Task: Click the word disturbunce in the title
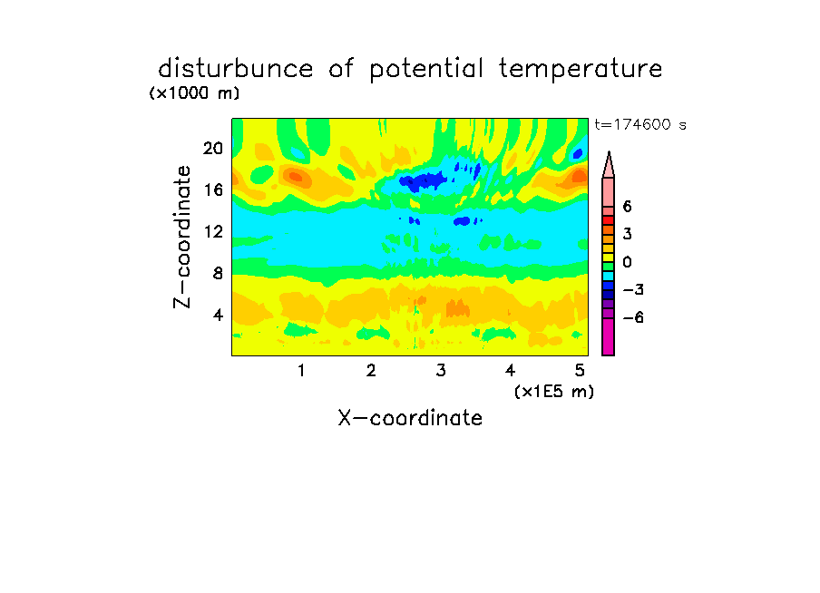[235, 68]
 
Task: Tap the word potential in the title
[426, 70]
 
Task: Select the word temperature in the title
[581, 69]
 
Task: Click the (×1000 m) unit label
[194, 93]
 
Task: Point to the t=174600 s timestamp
[640, 124]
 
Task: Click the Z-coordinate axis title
[182, 237]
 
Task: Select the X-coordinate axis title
[410, 418]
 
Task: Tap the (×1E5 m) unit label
[554, 392]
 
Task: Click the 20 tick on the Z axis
[213, 149]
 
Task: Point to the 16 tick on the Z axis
[213, 190]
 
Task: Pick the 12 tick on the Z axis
[213, 231]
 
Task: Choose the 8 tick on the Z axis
[218, 273]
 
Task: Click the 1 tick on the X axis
[301, 370]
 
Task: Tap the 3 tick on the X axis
[441, 370]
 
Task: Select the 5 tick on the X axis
[580, 370]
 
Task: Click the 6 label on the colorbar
[627, 207]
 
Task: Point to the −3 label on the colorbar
[633, 290]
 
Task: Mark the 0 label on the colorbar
[627, 262]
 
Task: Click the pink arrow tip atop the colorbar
[609, 152]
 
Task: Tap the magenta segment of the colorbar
[609, 336]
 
